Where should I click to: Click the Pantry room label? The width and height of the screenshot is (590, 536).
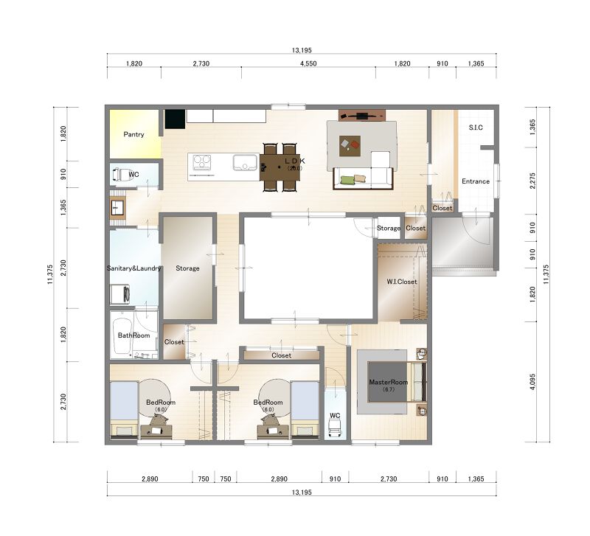pyautogui.click(x=133, y=134)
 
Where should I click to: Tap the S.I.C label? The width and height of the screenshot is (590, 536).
pyautogui.click(x=476, y=128)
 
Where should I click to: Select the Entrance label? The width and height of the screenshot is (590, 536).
pyautogui.click(x=476, y=181)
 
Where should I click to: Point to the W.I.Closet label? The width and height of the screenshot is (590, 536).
pyautogui.click(x=402, y=282)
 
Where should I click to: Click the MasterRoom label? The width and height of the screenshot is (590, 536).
pyautogui.click(x=389, y=382)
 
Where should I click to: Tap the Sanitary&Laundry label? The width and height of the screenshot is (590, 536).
pyautogui.click(x=133, y=268)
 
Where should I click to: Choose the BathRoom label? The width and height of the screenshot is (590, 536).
pyautogui.click(x=133, y=335)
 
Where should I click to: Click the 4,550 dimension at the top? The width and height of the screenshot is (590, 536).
pyautogui.click(x=308, y=63)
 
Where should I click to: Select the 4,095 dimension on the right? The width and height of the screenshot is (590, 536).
pyautogui.click(x=532, y=382)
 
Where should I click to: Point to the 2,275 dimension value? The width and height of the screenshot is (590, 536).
pyautogui.click(x=532, y=181)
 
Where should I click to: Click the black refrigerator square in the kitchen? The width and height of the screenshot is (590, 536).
pyautogui.click(x=175, y=119)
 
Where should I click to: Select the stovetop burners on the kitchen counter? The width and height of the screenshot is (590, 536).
pyautogui.click(x=202, y=163)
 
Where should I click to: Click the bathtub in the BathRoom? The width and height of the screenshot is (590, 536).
pyautogui.click(x=122, y=336)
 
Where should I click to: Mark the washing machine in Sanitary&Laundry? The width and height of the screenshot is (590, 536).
pyautogui.click(x=119, y=294)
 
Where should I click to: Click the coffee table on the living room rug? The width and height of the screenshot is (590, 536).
pyautogui.click(x=350, y=146)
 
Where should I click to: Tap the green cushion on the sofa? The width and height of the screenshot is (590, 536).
pyautogui.click(x=347, y=180)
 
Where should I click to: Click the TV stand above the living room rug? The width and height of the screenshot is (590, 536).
pyautogui.click(x=362, y=115)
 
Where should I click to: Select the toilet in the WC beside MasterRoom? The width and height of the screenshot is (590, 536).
pyautogui.click(x=335, y=428)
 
